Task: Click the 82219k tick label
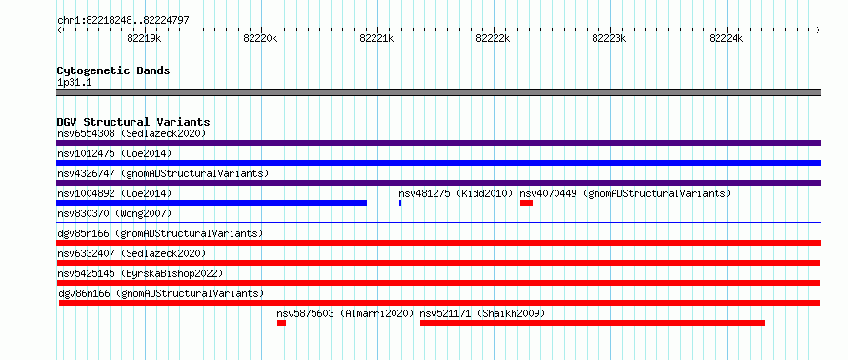pos(144,38)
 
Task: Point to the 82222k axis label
pos(493,38)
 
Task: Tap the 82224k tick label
pos(726,38)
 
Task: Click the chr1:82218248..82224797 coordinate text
pos(123,21)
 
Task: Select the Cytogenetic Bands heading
pos(113,70)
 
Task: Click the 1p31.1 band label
pos(74,83)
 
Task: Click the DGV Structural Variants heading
pos(133,122)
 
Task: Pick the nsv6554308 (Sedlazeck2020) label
pos(131,133)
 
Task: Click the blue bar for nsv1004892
pos(212,203)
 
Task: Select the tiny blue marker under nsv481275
pos(400,203)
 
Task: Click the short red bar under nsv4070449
pos(526,203)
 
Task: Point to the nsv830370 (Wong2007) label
pos(114,213)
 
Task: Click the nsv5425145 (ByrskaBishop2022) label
pos(140,273)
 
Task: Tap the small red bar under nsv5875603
pos(281,323)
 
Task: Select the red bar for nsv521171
pos(593,323)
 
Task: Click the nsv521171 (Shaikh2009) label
pos(482,313)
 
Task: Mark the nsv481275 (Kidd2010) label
pos(455,193)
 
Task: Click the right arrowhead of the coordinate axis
pos(818,30)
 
